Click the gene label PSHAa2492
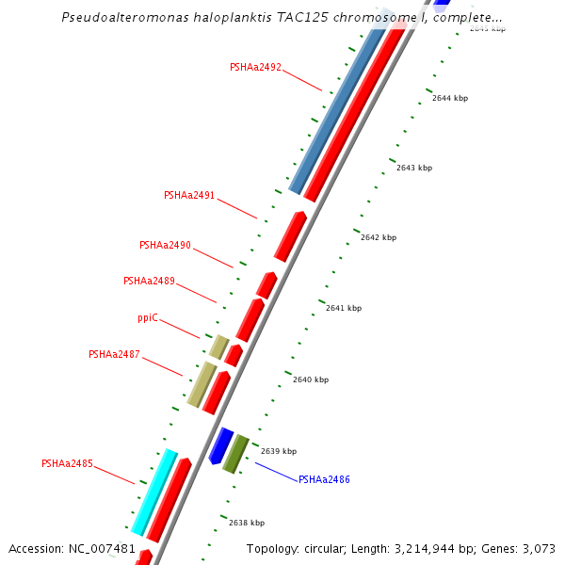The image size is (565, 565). (x=255, y=68)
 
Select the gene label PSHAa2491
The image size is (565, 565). (x=189, y=196)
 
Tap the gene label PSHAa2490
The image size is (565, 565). (x=165, y=245)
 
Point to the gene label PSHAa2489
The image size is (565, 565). (x=149, y=281)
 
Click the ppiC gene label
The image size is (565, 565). (x=147, y=318)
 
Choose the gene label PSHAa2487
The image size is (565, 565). (x=114, y=354)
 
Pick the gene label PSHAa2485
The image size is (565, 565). (x=67, y=463)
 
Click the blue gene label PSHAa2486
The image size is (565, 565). (x=324, y=480)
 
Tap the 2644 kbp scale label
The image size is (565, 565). (x=450, y=98)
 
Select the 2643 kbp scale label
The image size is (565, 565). (x=414, y=168)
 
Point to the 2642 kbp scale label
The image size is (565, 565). (x=379, y=237)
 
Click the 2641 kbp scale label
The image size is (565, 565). (x=344, y=308)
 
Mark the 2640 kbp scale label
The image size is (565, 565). (x=311, y=379)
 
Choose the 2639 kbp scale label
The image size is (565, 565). (x=279, y=451)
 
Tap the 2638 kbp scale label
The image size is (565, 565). (x=247, y=523)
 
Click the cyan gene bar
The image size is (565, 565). (x=154, y=492)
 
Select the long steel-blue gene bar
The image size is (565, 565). (x=337, y=110)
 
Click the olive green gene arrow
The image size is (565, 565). (x=235, y=454)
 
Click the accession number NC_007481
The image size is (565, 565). (x=104, y=548)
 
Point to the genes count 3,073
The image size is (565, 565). (x=539, y=548)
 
